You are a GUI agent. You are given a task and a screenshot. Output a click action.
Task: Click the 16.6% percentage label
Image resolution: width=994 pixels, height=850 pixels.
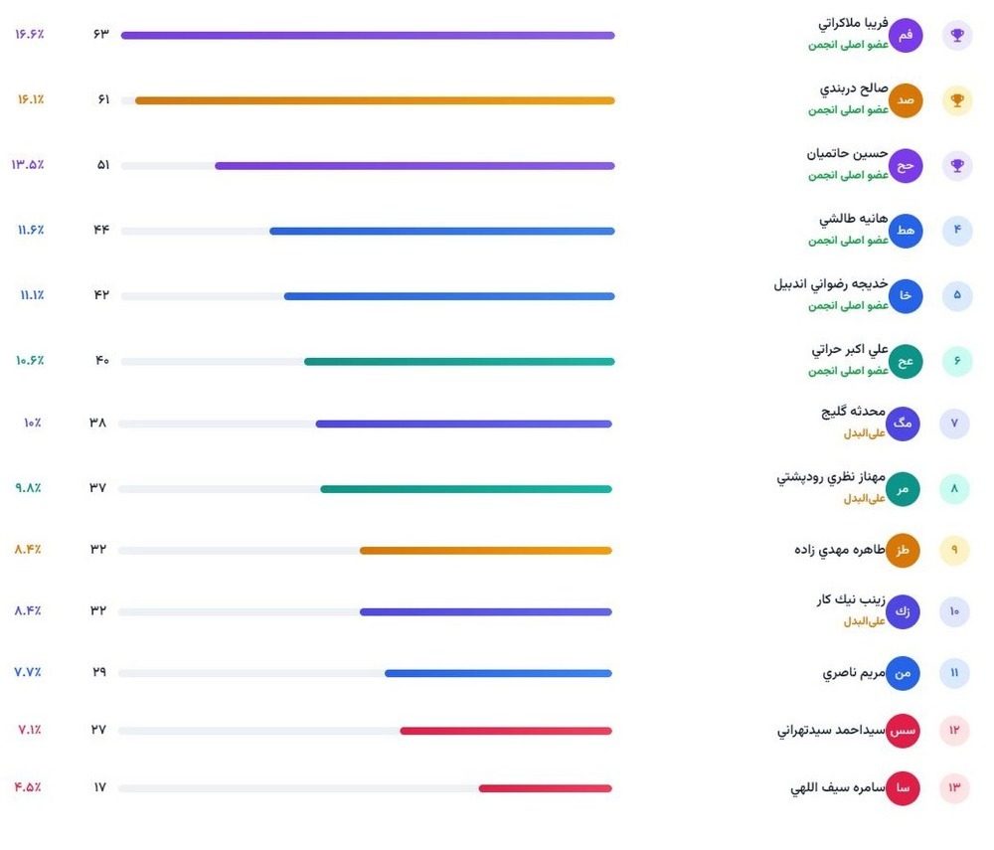(29, 34)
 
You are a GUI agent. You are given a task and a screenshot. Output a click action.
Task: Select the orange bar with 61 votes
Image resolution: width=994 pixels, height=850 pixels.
(375, 100)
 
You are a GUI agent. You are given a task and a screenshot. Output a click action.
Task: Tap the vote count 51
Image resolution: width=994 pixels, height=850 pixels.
(102, 165)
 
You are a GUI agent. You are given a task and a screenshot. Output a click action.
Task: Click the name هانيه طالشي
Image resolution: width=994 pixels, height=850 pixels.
(853, 219)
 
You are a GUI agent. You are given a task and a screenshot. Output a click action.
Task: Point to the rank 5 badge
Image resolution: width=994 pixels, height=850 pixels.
(957, 295)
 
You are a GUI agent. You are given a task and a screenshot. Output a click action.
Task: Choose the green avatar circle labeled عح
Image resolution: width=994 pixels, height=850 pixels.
(906, 361)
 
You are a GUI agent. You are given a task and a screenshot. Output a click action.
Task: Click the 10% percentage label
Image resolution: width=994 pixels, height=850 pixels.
(33, 423)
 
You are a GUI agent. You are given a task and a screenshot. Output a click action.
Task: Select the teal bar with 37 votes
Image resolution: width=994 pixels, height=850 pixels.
(466, 489)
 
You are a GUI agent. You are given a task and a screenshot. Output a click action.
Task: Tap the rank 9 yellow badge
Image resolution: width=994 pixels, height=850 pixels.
(954, 550)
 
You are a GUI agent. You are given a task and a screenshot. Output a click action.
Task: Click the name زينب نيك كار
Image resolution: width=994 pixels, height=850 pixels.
(851, 599)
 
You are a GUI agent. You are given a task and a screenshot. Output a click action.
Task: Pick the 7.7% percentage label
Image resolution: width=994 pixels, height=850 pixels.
(28, 672)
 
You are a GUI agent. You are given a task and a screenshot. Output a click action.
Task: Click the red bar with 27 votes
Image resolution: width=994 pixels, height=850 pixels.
(506, 731)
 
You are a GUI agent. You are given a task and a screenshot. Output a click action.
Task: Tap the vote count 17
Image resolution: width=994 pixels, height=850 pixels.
(99, 787)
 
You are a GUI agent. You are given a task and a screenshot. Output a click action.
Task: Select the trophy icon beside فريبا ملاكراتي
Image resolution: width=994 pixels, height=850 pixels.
(957, 36)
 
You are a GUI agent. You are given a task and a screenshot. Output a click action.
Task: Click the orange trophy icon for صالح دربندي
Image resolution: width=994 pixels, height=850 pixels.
(957, 100)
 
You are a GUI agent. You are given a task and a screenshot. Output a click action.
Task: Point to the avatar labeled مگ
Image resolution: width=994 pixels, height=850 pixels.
(903, 424)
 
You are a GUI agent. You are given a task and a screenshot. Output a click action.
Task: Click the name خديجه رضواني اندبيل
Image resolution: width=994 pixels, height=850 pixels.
(830, 284)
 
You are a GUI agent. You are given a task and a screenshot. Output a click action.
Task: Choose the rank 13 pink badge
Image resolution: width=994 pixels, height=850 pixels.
(954, 787)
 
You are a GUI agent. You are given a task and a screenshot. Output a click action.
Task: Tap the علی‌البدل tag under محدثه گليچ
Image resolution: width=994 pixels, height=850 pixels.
(864, 433)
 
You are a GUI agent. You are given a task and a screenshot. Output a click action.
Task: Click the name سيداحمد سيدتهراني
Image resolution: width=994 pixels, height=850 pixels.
(831, 730)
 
